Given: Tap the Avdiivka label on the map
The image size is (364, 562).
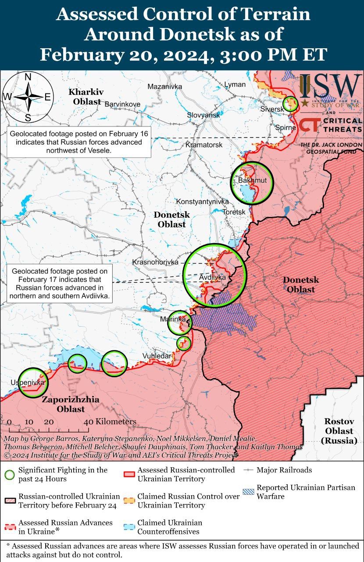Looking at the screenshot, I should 212,277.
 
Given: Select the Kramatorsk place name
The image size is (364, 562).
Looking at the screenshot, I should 204,144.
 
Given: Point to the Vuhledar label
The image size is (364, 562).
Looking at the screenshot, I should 157,356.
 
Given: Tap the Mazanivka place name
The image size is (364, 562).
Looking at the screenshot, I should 164,86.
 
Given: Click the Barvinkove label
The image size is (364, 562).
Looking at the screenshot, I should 122,104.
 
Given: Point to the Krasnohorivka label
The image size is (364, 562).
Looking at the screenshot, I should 156,262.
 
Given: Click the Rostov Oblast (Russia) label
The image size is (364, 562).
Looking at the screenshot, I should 339,431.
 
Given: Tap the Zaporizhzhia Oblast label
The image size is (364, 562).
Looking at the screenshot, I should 71,404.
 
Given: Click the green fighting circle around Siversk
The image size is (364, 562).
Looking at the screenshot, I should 290,104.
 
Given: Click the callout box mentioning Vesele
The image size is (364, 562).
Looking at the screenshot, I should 79,142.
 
